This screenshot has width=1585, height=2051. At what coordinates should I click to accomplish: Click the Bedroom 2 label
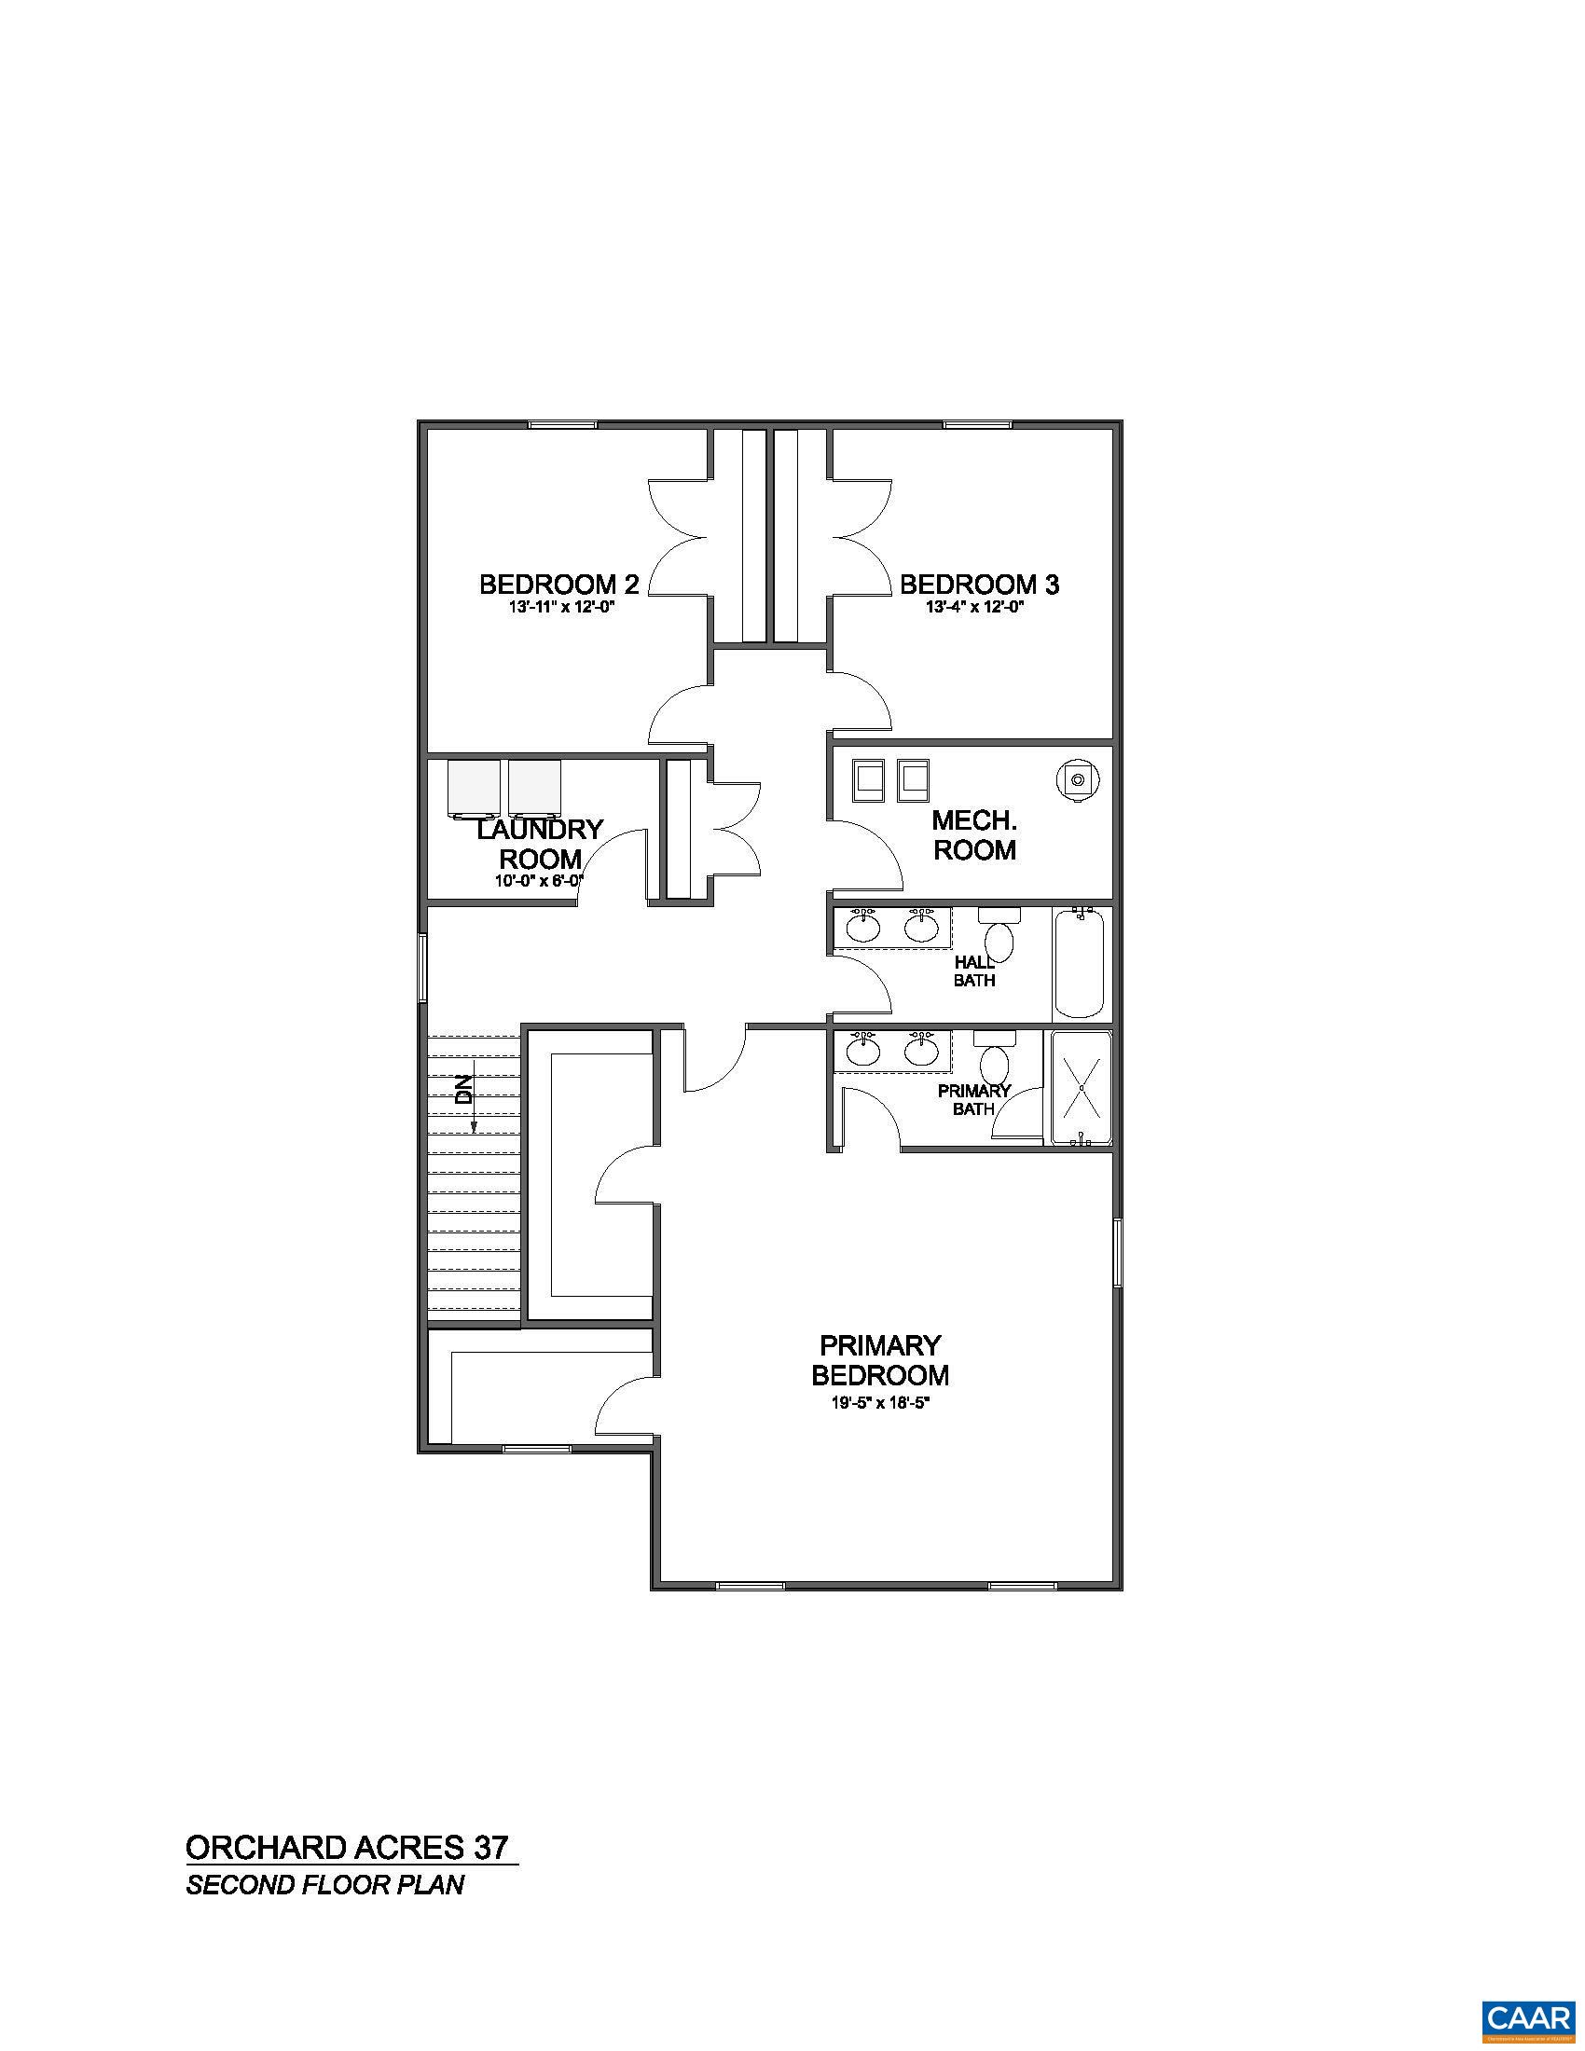coord(558,585)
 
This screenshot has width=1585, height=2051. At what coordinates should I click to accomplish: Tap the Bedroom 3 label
coord(979,585)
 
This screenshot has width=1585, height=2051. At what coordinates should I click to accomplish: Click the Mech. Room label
coord(973,835)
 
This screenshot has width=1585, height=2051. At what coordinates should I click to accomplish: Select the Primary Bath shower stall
coord(1081,1088)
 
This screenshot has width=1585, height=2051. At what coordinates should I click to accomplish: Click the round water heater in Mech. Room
coord(1077,778)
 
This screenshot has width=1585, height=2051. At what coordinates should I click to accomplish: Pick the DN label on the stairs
coord(463,1088)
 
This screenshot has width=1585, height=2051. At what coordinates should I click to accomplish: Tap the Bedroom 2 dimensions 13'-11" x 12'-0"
coord(560,608)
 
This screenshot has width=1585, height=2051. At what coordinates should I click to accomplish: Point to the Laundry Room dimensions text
coord(539,881)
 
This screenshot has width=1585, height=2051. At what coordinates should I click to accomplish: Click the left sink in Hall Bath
coord(863,927)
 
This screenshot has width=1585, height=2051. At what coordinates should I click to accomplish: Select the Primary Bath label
coord(973,1100)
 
